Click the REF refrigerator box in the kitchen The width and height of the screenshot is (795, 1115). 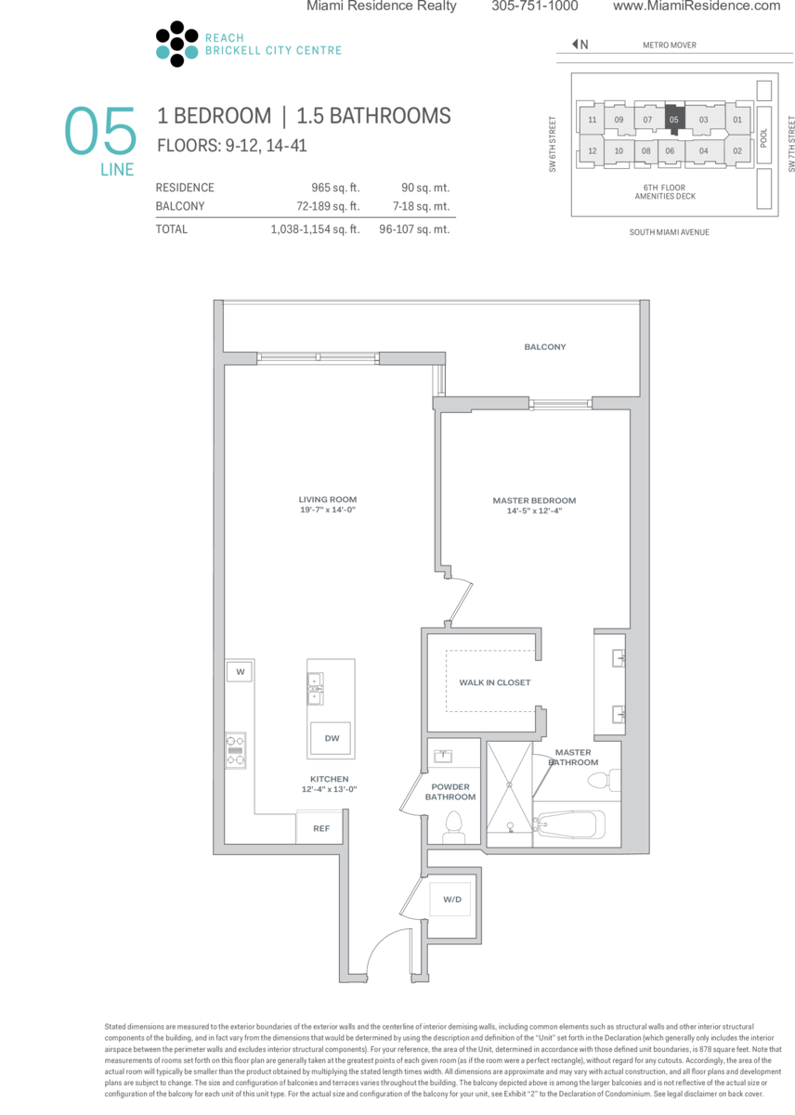tap(320, 828)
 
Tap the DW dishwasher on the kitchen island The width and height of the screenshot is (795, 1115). tap(331, 738)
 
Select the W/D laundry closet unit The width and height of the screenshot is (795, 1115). tap(450, 899)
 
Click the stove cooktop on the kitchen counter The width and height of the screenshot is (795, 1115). tap(236, 750)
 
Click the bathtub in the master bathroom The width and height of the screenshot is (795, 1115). tap(569, 825)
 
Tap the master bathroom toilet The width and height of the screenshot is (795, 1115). tap(604, 780)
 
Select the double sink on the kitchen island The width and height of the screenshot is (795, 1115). tap(315, 689)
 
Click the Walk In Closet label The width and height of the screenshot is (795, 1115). tap(494, 682)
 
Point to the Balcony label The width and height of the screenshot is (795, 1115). tap(544, 347)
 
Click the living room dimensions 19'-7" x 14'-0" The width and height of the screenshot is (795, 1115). tap(328, 510)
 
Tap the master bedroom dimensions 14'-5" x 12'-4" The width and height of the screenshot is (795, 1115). tap(534, 511)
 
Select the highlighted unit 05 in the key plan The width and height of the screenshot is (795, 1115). tap(674, 119)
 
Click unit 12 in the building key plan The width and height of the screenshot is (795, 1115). tap(592, 150)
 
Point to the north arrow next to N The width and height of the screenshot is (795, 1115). tap(575, 45)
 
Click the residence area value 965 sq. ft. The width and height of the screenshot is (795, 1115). tap(335, 188)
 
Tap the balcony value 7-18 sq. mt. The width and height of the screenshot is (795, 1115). tap(421, 206)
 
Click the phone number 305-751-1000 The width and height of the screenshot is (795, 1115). tap(535, 6)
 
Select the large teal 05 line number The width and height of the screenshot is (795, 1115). tap(100, 130)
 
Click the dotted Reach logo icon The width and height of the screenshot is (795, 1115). tap(176, 44)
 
